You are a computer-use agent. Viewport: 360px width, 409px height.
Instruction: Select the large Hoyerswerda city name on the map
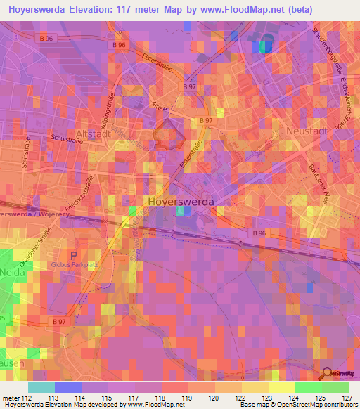coord(181,201)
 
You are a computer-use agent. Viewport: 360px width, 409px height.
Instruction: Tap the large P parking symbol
coord(74,254)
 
